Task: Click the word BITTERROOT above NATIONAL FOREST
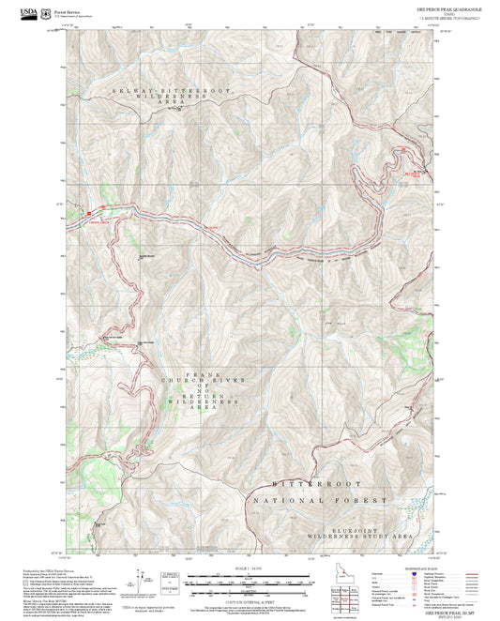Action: point(316,482)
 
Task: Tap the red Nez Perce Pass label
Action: point(410,174)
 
